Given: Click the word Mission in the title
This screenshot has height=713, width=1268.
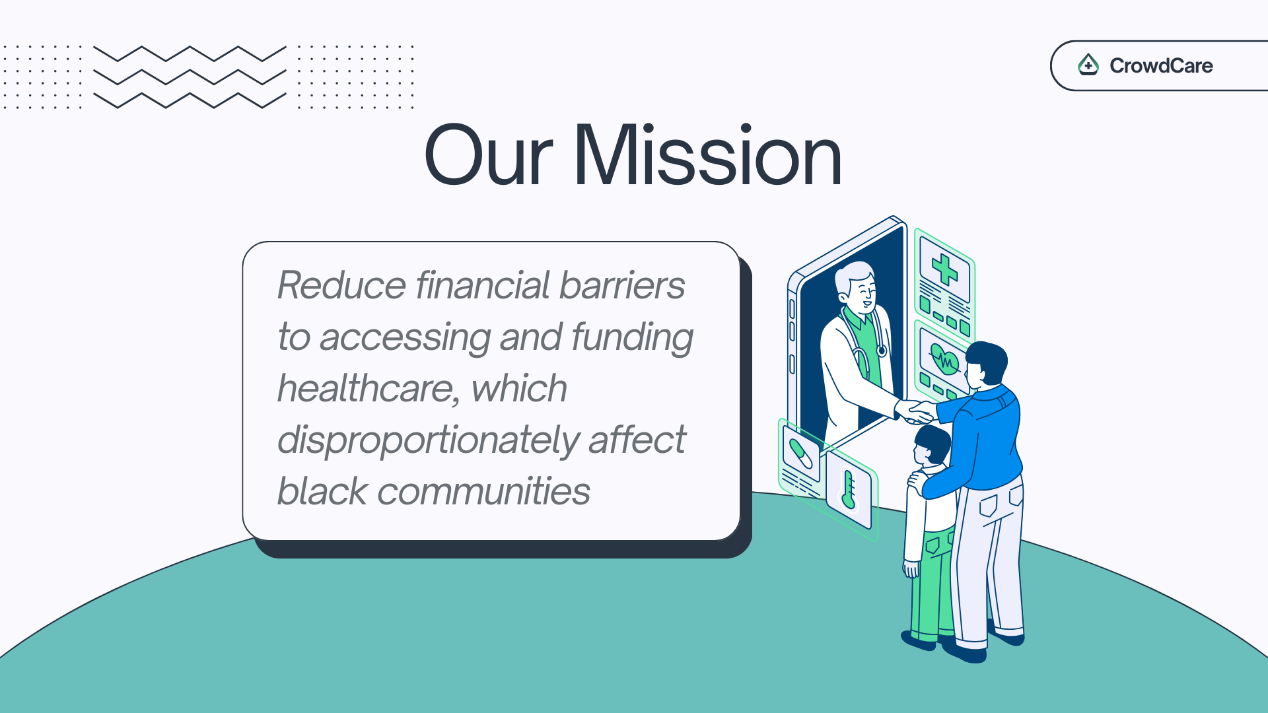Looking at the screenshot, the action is click(707, 156).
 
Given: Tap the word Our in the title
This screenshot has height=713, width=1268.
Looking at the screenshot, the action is click(488, 156).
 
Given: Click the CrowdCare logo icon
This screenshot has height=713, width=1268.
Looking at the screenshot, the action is click(1088, 65).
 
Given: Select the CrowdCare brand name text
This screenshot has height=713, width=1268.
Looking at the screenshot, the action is click(1161, 65).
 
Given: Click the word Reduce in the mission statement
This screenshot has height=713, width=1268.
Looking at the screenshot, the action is click(341, 285).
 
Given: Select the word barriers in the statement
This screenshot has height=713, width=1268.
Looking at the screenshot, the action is click(621, 285).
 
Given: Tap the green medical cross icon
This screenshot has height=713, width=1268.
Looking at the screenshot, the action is click(944, 269).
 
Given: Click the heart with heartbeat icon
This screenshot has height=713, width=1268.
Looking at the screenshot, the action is click(944, 359).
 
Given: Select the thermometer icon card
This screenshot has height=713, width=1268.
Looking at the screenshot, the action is click(849, 489).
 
